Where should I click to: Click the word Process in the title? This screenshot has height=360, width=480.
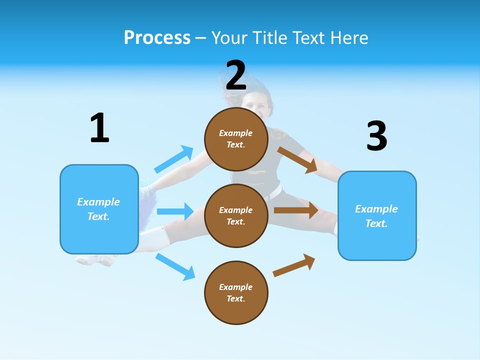(x=157, y=37)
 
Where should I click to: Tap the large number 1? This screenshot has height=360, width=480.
(x=99, y=128)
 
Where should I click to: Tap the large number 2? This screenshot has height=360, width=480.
(x=236, y=75)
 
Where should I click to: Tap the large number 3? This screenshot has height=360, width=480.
(x=377, y=136)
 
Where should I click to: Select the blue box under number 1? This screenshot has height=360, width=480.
(x=99, y=209)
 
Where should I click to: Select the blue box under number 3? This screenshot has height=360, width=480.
(x=377, y=216)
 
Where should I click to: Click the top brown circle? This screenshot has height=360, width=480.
(x=236, y=139)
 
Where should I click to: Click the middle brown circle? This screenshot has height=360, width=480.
(x=236, y=216)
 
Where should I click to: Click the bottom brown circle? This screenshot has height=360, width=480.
(x=236, y=293)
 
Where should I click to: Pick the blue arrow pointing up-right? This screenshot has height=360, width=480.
(x=174, y=159)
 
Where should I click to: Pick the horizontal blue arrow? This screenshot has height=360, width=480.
(x=175, y=211)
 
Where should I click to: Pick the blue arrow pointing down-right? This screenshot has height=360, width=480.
(x=175, y=266)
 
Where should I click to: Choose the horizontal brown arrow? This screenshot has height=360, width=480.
(x=296, y=210)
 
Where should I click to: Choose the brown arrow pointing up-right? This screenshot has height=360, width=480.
(x=294, y=265)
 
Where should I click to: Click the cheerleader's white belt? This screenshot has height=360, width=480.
(x=274, y=191)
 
